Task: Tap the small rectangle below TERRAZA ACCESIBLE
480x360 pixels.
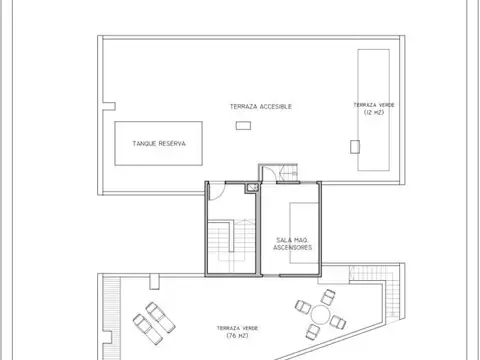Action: click(x=243, y=125)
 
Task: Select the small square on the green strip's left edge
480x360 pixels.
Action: click(x=353, y=146)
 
